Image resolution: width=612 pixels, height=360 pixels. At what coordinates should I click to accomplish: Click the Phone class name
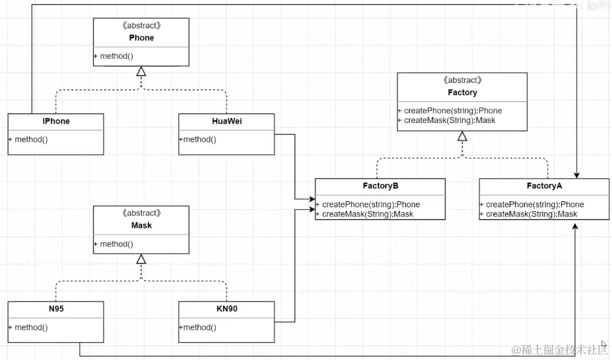pos(141,38)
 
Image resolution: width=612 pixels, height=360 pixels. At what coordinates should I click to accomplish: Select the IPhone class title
pos(56,121)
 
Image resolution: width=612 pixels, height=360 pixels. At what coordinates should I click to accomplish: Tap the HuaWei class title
pos(227,121)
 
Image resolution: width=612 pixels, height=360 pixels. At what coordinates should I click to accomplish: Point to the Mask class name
pos(141,225)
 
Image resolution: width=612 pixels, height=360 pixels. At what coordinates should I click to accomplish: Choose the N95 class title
pos(56,308)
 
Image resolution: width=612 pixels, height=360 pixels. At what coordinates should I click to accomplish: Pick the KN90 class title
pos(227,308)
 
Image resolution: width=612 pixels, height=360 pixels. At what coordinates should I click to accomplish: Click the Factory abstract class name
pos(462,93)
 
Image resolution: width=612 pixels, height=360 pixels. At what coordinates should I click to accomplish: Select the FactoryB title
pos(381,186)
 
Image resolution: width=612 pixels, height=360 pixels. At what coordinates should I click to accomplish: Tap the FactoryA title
pos(544,186)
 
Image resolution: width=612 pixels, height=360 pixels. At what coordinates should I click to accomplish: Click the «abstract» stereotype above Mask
pos(141,213)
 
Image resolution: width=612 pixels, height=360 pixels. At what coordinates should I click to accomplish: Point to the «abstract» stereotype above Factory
pos(462,81)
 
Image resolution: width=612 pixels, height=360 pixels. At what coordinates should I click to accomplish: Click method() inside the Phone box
pos(116,56)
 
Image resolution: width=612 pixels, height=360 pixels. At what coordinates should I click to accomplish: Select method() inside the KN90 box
pos(199,327)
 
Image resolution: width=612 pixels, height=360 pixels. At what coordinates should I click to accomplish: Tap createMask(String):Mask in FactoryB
pos(367,214)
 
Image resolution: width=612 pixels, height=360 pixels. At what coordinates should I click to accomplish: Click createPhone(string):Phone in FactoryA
pos(534,204)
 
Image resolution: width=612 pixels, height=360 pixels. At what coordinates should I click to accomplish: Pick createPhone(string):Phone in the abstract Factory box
pos(453,110)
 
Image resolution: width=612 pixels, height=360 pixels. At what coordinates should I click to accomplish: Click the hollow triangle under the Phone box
pos(141,71)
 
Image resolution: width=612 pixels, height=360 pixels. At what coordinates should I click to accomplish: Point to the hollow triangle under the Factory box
pos(462,136)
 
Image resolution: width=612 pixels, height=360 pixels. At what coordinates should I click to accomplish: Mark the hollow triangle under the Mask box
pos(141,259)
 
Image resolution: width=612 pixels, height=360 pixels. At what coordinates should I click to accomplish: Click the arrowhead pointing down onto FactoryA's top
pos(576,175)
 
